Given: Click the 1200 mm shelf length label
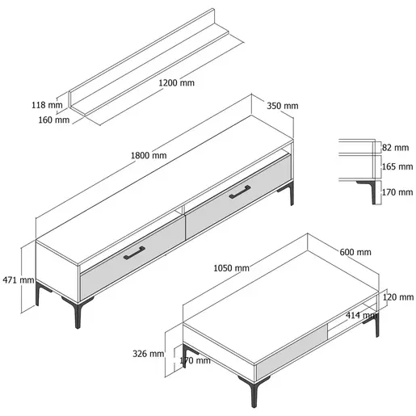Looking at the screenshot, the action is (x=176, y=82).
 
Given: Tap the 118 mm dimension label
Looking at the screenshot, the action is (x=47, y=105).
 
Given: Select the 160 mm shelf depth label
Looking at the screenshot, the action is (x=54, y=120).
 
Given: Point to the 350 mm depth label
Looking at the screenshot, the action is (x=283, y=106).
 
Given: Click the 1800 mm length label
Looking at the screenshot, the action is (x=149, y=155).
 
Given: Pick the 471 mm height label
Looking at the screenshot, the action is (x=19, y=280).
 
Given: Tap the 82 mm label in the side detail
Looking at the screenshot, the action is (x=395, y=148).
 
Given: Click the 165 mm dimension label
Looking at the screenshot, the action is (x=397, y=166).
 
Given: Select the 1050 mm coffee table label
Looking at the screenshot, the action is (x=231, y=268).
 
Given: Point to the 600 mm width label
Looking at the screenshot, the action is (x=355, y=252).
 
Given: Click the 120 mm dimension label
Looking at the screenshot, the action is (x=398, y=297).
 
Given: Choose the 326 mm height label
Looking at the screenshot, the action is (x=148, y=354).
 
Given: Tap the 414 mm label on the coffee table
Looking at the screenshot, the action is (x=361, y=315).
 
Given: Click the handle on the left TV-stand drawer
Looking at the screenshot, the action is (x=134, y=253).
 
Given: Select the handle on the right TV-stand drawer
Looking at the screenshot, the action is (x=240, y=192).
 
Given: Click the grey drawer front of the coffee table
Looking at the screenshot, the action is (x=292, y=351).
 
